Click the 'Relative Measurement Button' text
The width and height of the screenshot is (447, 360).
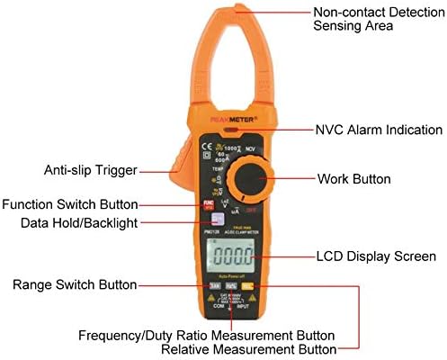click(249, 349)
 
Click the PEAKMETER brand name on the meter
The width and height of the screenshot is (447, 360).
click(224, 116)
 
